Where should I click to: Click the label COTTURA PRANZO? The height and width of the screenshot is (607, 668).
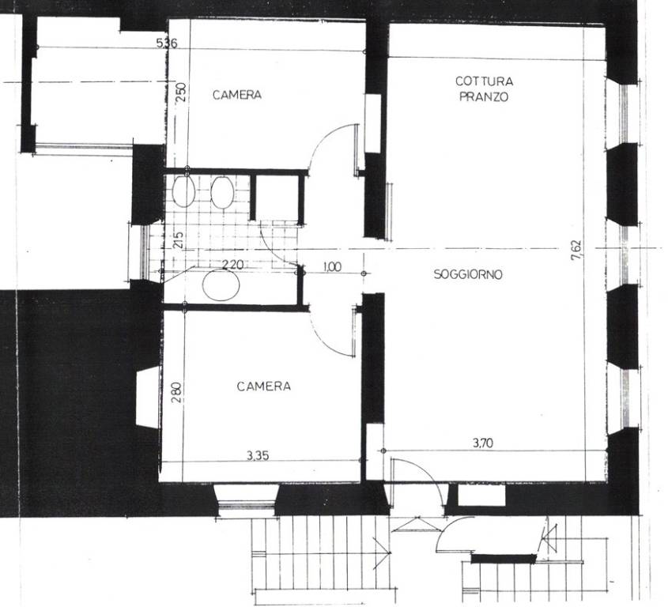pyautogui.click(x=484, y=89)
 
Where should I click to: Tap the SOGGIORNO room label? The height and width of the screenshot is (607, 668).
pyautogui.click(x=468, y=274)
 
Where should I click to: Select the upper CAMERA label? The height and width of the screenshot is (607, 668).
pyautogui.click(x=237, y=95)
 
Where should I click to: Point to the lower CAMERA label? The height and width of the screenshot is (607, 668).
pyautogui.click(x=264, y=386)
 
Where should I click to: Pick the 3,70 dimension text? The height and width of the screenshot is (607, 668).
pyautogui.click(x=483, y=443)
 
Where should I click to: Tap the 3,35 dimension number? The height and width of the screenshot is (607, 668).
pyautogui.click(x=258, y=456)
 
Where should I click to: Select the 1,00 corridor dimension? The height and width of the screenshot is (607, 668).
pyautogui.click(x=332, y=267)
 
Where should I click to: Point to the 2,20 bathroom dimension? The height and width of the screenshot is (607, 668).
pyautogui.click(x=233, y=265)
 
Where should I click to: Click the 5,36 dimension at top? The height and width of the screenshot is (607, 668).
pyautogui.click(x=167, y=43)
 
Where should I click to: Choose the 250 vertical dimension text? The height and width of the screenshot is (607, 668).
pyautogui.click(x=181, y=92)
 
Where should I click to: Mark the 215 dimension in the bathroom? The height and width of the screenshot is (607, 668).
pyautogui.click(x=179, y=239)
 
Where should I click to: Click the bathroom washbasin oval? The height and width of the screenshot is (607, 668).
pyautogui.click(x=221, y=285)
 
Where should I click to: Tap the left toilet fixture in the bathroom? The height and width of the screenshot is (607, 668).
pyautogui.click(x=183, y=191)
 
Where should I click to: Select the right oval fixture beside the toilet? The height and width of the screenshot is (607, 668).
pyautogui.click(x=221, y=193)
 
